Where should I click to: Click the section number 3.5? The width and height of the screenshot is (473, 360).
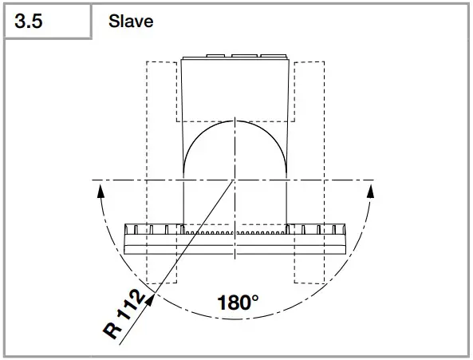(29, 22)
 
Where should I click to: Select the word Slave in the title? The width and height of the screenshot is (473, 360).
(131, 22)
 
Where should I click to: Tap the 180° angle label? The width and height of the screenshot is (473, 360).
(238, 303)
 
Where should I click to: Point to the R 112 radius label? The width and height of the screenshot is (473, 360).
(124, 314)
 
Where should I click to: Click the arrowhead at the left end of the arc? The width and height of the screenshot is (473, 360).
(101, 192)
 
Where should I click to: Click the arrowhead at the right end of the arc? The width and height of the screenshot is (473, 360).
(370, 192)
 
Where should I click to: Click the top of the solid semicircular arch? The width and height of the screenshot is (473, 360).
(235, 121)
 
